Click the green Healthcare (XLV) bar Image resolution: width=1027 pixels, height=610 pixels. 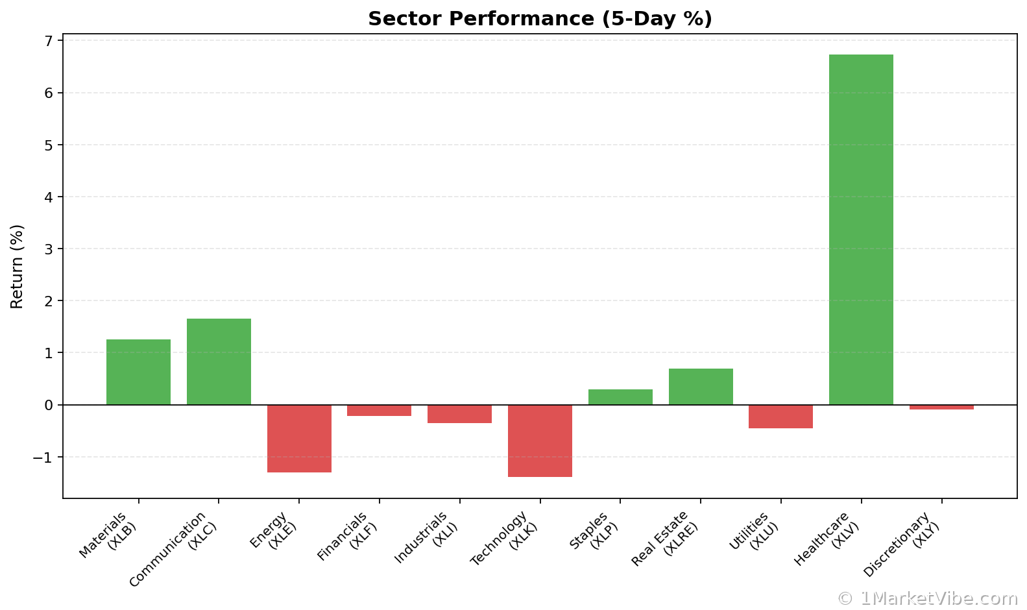click(x=861, y=229)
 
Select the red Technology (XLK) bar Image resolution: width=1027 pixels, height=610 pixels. click(x=540, y=441)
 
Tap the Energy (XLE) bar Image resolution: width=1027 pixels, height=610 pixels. click(x=299, y=438)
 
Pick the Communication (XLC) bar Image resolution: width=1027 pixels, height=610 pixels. click(x=219, y=361)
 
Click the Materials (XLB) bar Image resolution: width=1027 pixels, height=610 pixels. click(x=138, y=372)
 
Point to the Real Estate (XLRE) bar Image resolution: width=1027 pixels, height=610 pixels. click(x=701, y=387)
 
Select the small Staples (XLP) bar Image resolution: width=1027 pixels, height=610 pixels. click(x=620, y=397)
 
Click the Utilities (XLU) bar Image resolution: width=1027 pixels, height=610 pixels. click(x=780, y=417)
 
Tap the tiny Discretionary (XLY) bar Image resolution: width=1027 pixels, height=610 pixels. click(x=941, y=408)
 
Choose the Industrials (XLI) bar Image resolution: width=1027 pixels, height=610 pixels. click(x=459, y=414)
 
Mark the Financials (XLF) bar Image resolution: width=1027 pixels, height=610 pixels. click(x=379, y=411)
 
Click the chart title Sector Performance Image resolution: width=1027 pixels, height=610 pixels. click(x=540, y=19)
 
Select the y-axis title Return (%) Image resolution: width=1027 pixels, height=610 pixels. click(x=17, y=266)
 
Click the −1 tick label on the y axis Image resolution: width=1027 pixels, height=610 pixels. click(x=44, y=457)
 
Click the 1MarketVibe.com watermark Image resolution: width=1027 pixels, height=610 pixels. click(x=928, y=598)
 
